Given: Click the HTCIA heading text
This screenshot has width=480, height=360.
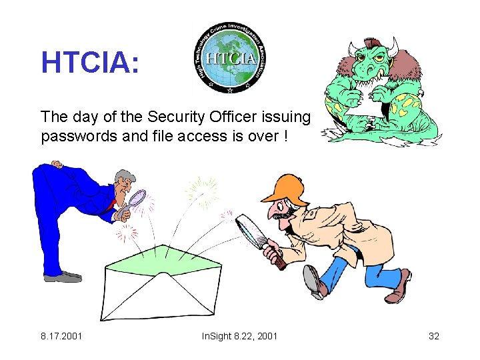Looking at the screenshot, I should (x=90, y=62).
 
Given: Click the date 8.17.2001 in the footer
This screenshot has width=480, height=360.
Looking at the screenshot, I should (x=61, y=335).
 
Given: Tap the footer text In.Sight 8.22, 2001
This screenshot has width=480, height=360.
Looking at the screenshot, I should (x=239, y=335).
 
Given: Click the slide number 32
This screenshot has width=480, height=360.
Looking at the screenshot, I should (x=433, y=335).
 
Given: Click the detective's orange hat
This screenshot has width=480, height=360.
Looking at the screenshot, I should (x=284, y=187).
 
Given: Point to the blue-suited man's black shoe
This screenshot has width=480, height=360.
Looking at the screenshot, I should (x=63, y=276).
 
